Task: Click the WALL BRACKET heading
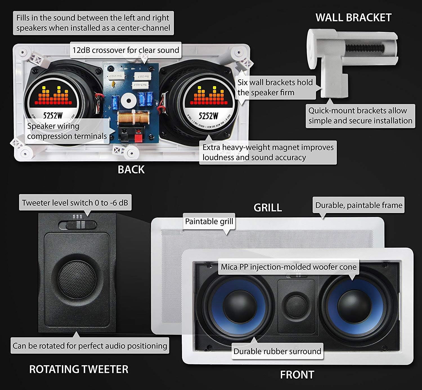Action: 353,18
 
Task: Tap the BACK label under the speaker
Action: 131,169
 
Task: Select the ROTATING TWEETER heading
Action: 79,369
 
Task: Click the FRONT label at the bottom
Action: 297,375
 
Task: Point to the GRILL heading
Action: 268,208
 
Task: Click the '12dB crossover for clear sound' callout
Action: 126,50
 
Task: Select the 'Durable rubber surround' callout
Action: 277,351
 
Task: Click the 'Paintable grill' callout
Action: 209,221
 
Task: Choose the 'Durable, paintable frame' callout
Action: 359,205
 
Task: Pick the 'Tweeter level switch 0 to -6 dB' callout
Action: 75,203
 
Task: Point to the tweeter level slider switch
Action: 78,225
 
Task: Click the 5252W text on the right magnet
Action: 208,115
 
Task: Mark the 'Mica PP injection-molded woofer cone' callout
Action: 289,267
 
